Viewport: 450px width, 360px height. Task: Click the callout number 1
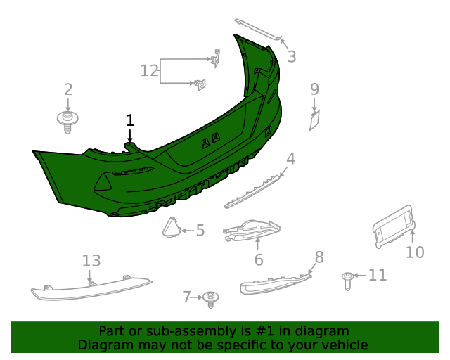(129, 120)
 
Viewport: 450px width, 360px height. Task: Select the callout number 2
(68, 89)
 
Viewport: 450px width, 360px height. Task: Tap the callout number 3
(291, 57)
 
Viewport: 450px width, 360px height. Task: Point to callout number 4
(290, 159)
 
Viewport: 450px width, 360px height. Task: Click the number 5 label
(200, 230)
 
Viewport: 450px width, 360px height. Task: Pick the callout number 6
(258, 259)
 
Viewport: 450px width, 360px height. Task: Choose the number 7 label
(186, 297)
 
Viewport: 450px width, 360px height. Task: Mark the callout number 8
(319, 257)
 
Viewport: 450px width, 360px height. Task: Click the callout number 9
(314, 89)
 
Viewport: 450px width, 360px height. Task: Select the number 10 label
(416, 252)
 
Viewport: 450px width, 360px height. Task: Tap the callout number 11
(378, 275)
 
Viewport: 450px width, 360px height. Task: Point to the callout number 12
(150, 70)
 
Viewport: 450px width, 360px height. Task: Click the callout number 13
(91, 261)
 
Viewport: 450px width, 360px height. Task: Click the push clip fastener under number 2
(67, 121)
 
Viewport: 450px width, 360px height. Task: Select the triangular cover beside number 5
(170, 229)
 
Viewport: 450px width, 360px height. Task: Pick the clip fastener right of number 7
(210, 300)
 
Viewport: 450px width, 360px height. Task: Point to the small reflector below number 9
(314, 120)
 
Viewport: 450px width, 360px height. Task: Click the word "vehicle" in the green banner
(343, 345)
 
